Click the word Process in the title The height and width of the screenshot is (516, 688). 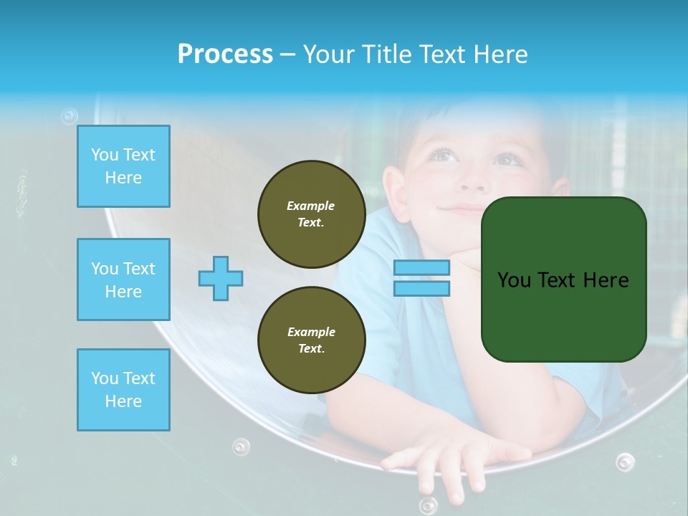(225, 54)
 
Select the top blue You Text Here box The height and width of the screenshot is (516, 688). (123, 166)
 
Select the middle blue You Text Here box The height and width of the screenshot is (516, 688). (123, 279)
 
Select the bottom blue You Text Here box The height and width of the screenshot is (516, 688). (123, 390)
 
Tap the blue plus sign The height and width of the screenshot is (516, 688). (221, 278)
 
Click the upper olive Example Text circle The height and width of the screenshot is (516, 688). (311, 214)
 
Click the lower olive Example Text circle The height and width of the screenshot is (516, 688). (311, 340)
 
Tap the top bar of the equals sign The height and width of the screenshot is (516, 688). (421, 268)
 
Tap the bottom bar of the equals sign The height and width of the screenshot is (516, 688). (421, 288)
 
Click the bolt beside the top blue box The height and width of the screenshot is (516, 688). (69, 115)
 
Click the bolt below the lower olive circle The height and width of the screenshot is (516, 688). (241, 448)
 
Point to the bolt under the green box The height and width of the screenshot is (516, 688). (625, 462)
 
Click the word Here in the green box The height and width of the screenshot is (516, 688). (606, 280)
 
